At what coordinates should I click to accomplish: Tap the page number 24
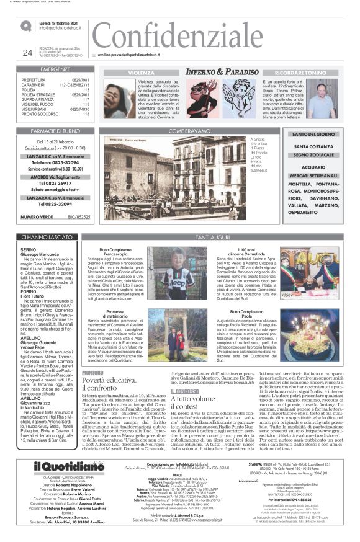(x=27, y=53)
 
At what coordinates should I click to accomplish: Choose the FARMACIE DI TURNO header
(x=56, y=131)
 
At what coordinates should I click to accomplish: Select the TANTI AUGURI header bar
(x=210, y=236)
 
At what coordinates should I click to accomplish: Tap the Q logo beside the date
(x=25, y=26)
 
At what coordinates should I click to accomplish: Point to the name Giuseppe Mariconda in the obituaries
(x=38, y=255)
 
